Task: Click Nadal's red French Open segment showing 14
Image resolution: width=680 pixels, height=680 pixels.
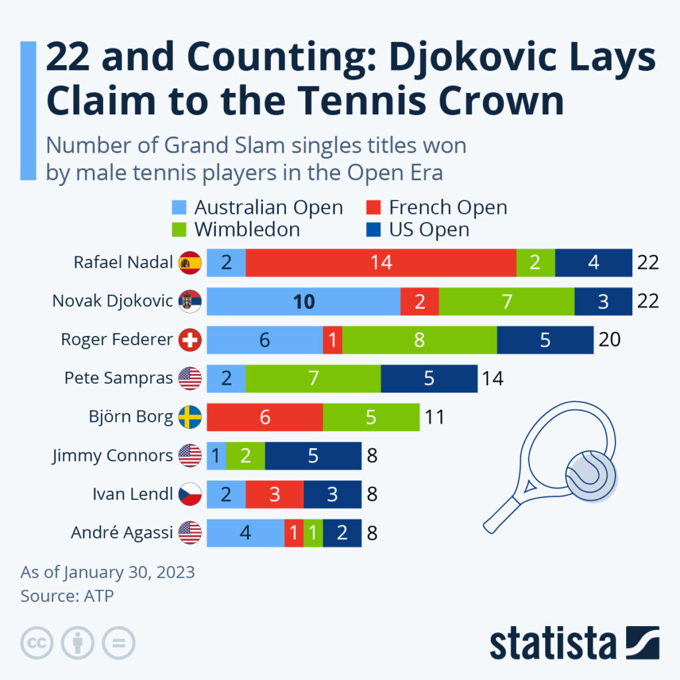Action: [381, 262]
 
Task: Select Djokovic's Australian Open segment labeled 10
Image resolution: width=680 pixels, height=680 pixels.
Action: [303, 301]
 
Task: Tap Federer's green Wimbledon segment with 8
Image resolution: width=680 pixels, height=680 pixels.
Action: [419, 340]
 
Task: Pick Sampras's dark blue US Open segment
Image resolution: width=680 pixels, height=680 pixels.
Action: [429, 379]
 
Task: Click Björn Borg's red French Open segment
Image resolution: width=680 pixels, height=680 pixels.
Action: [265, 417]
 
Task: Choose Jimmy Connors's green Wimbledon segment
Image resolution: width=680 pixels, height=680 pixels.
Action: [245, 456]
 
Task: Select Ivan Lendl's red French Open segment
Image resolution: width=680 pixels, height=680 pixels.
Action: [274, 494]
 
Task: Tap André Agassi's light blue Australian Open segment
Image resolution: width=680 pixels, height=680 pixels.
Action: [245, 533]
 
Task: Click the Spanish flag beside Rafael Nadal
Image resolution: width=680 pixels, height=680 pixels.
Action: [190, 263]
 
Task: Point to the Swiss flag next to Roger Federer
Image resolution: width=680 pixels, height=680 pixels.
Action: [190, 341]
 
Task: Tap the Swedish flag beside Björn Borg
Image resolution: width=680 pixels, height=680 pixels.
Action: [190, 418]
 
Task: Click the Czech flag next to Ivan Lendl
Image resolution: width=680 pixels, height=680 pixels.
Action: [190, 495]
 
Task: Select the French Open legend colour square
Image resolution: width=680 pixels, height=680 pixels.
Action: [374, 208]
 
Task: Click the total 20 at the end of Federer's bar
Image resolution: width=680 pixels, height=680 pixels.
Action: [609, 340]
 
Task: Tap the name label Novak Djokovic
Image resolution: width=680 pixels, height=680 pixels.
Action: [113, 301]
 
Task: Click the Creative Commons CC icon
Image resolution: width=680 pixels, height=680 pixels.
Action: [37, 643]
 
